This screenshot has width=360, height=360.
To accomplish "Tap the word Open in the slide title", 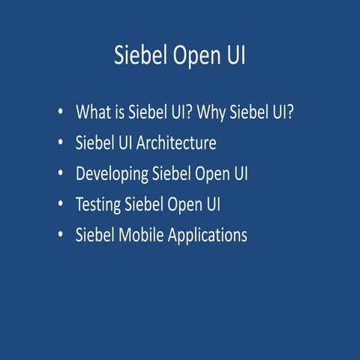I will pyautogui.click(x=192, y=57).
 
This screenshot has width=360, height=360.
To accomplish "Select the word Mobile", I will pyautogui.click(x=144, y=235).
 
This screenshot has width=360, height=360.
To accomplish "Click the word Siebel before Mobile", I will pyautogui.click(x=96, y=235).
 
